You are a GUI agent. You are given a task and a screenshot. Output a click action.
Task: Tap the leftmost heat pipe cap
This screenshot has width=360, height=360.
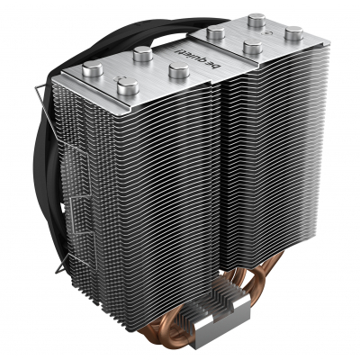[x=93, y=68]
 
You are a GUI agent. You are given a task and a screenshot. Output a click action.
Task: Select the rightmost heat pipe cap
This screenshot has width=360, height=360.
[x=293, y=33]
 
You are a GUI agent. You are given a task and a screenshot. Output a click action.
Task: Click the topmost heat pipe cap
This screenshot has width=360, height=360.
[x=256, y=21]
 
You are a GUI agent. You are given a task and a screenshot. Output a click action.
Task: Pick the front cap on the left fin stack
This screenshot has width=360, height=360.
[x=128, y=86]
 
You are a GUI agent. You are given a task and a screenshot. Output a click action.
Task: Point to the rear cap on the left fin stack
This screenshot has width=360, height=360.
[x=143, y=54]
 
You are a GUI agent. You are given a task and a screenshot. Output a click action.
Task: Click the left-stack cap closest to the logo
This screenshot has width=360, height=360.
[x=179, y=70]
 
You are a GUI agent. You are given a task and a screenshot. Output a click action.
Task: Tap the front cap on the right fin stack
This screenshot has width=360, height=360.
[x=253, y=47]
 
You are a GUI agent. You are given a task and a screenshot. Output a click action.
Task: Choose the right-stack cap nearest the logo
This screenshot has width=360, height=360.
[x=215, y=32]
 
